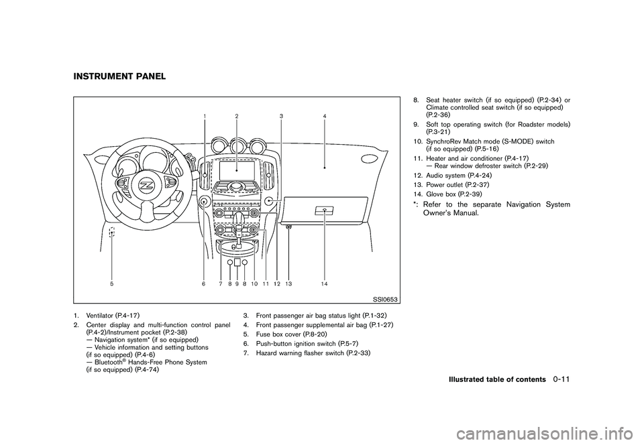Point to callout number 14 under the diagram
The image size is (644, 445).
coord(324,284)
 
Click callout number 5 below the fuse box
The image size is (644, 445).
coord(112,284)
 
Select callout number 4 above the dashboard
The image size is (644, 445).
coord(324,117)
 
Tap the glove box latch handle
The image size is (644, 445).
coord(324,210)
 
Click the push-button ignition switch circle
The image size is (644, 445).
coord(203,201)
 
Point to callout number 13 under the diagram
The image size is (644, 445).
coord(288,284)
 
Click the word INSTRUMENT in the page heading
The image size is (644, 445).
coord(96,76)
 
